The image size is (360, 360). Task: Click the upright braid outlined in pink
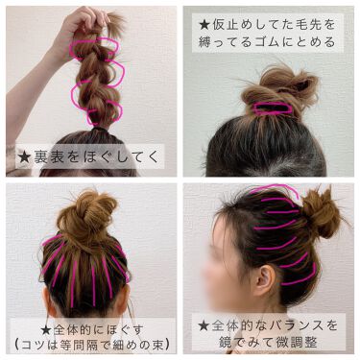tap(92, 77)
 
